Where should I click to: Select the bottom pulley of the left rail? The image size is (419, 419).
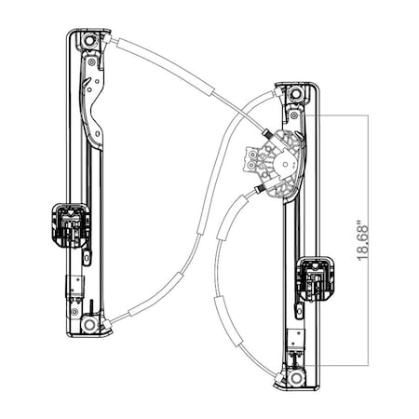[88, 324]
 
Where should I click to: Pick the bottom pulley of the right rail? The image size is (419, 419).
[295, 379]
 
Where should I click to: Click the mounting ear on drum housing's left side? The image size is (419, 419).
[251, 160]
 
